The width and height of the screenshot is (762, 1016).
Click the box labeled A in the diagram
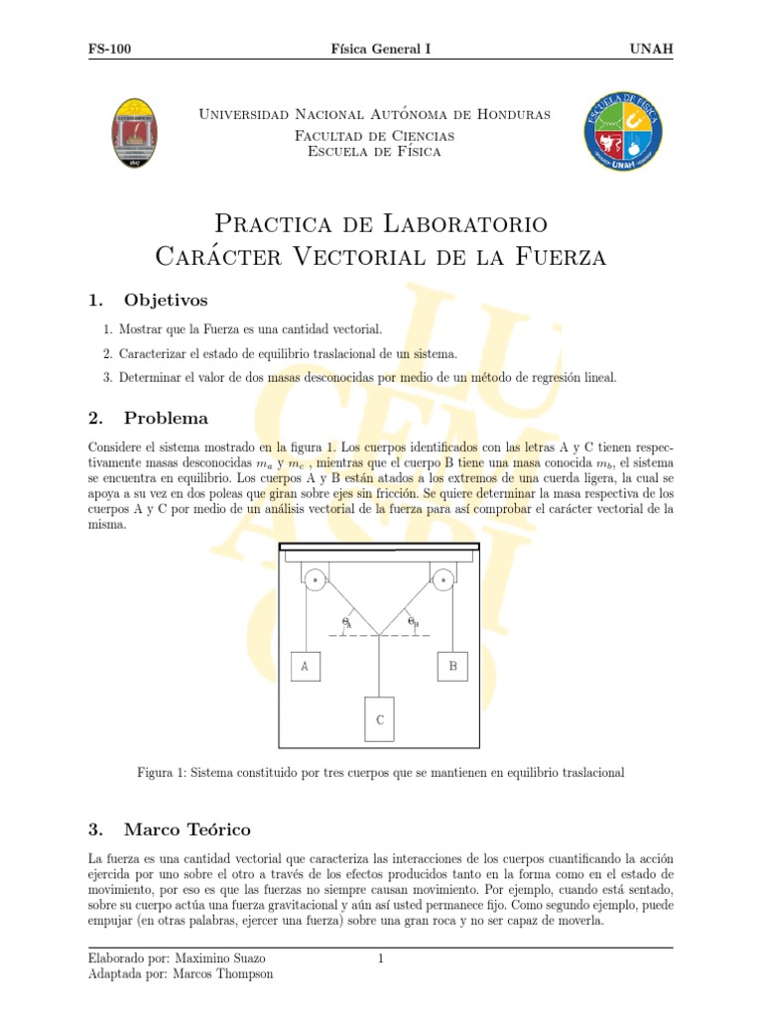[305, 667]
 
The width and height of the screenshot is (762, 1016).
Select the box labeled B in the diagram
[452, 667]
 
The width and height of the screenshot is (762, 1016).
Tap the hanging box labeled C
[379, 719]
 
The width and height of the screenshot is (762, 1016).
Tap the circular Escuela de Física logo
[622, 132]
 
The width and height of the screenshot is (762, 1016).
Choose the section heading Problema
[166, 418]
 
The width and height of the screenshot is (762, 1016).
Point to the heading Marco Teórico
[187, 829]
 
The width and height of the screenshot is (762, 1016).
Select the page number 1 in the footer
[380, 958]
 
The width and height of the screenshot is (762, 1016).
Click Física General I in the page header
[380, 49]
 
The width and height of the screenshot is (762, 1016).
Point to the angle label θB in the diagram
[414, 622]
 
